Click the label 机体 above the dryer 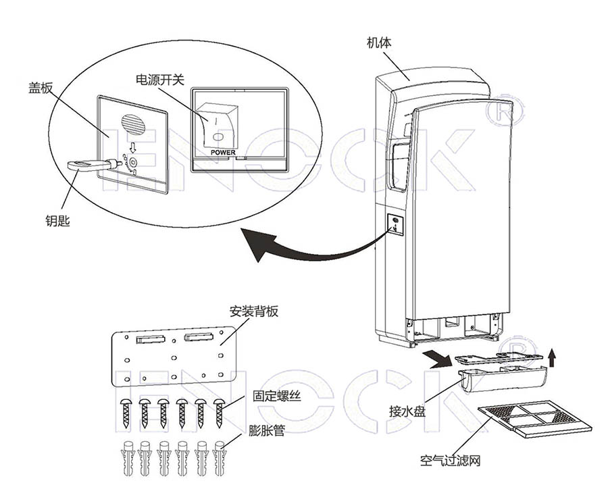pyautogui.click(x=378, y=43)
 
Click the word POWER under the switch pyautogui.click(x=223, y=153)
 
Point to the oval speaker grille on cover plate pyautogui.click(x=132, y=124)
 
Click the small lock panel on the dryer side pyautogui.click(x=395, y=224)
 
